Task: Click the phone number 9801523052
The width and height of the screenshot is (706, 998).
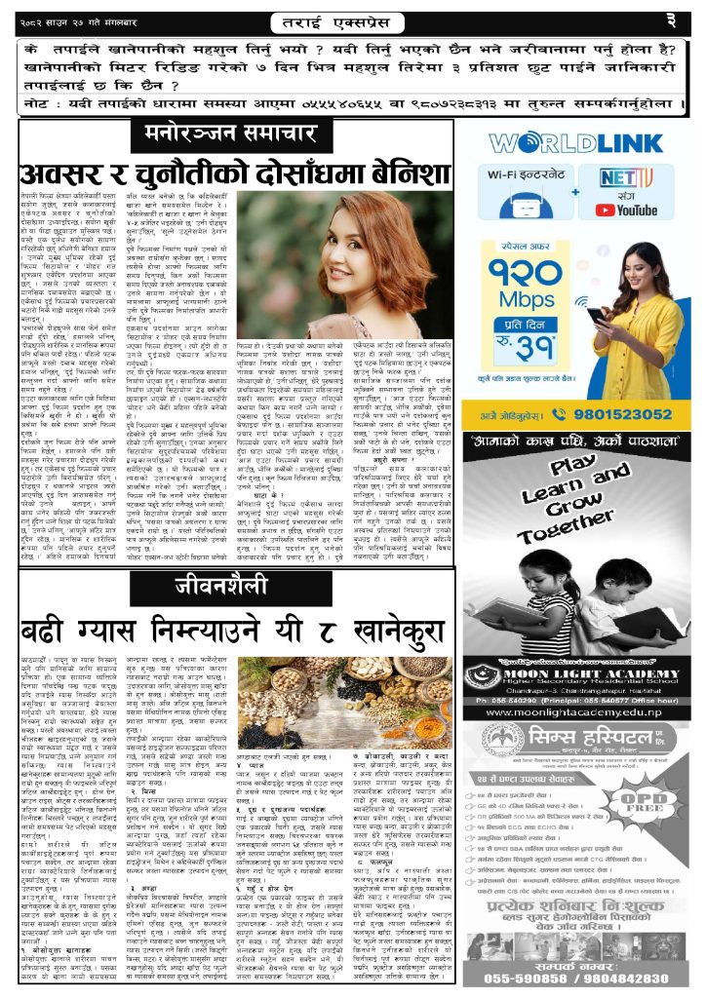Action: pyautogui.click(x=613, y=413)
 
